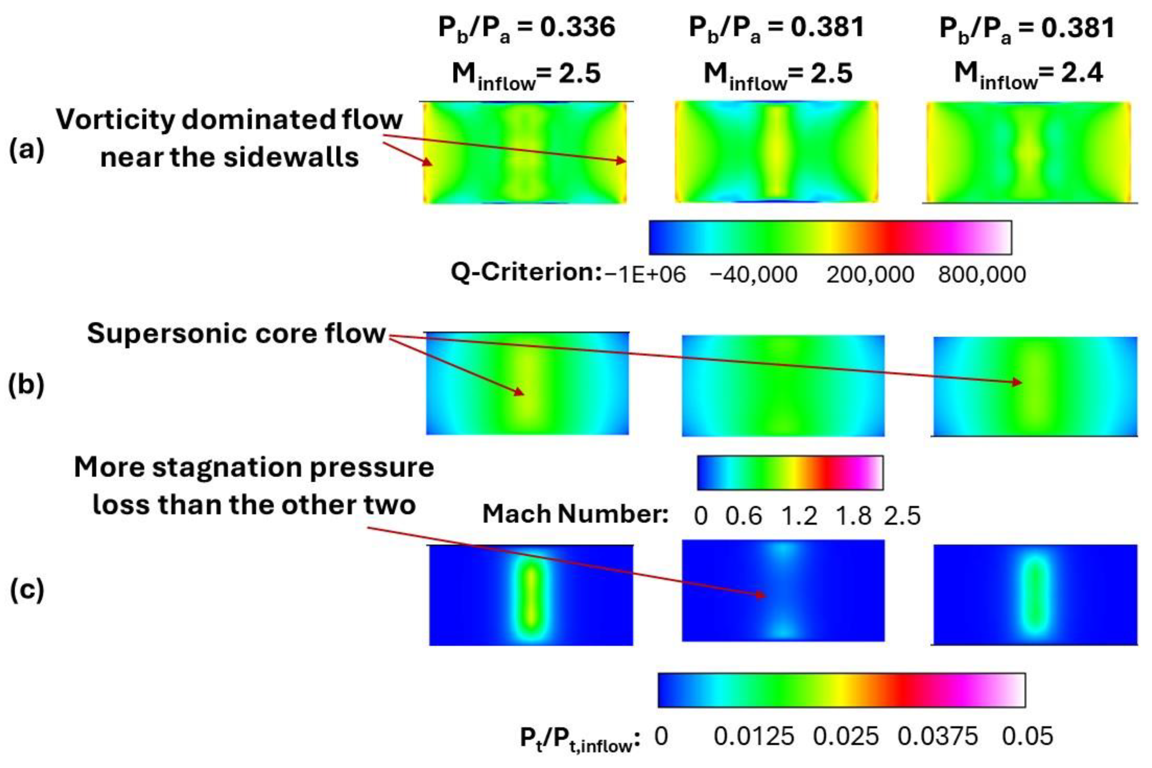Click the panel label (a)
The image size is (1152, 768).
pyautogui.click(x=27, y=150)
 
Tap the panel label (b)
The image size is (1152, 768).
pyautogui.click(x=27, y=385)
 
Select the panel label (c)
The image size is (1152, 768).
pyautogui.click(x=27, y=590)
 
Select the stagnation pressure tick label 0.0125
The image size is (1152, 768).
pyautogui.click(x=754, y=736)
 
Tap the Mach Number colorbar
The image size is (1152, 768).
pyautogui.click(x=790, y=473)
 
